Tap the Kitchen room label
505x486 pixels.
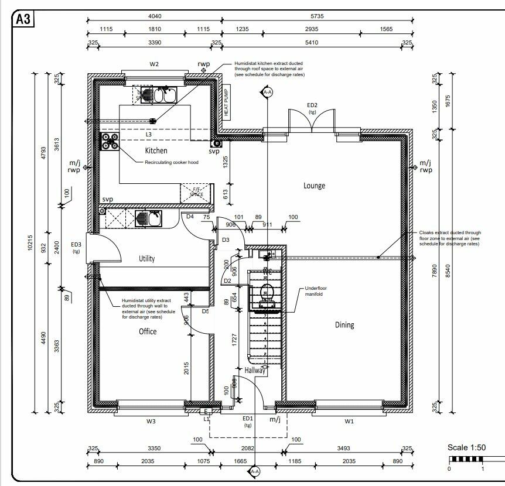pos(156,150)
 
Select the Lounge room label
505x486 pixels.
pos(314,186)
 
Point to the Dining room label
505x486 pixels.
pos(344,325)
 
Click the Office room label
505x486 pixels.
pos(148,331)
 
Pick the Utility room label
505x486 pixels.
pos(146,258)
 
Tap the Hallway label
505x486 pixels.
pos(255,370)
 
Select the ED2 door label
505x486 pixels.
pos(312,105)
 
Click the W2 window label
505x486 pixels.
pos(155,64)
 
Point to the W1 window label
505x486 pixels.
pos(350,421)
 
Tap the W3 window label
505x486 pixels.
pos(151,421)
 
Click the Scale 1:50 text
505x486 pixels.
pos(467,448)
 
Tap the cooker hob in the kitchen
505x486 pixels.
pos(110,140)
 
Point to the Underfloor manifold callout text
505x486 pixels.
pos(318,292)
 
